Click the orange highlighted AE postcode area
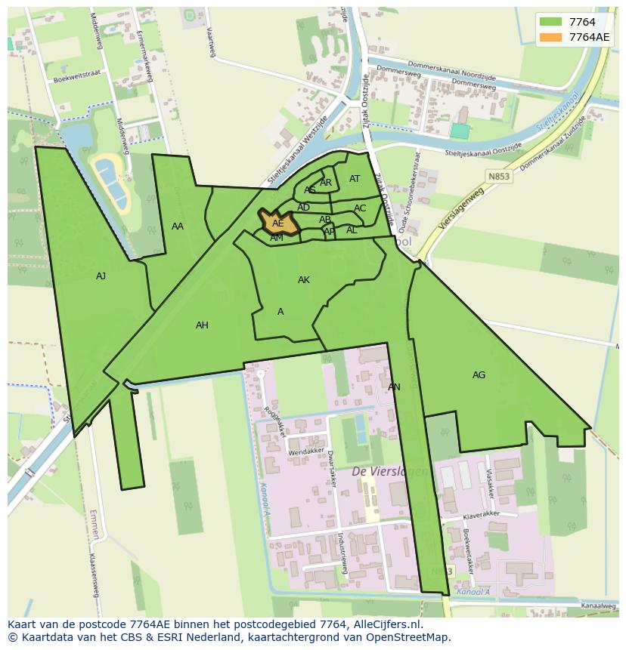(x=277, y=223)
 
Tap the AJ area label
(x=101, y=276)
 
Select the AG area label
(x=479, y=375)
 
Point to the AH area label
(x=202, y=325)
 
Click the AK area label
(x=303, y=280)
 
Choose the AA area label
(x=178, y=226)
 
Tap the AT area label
(x=355, y=179)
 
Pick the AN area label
(x=394, y=387)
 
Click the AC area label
(x=360, y=208)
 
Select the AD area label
(x=303, y=208)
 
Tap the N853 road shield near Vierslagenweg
(x=494, y=175)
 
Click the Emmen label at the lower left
(x=94, y=524)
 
